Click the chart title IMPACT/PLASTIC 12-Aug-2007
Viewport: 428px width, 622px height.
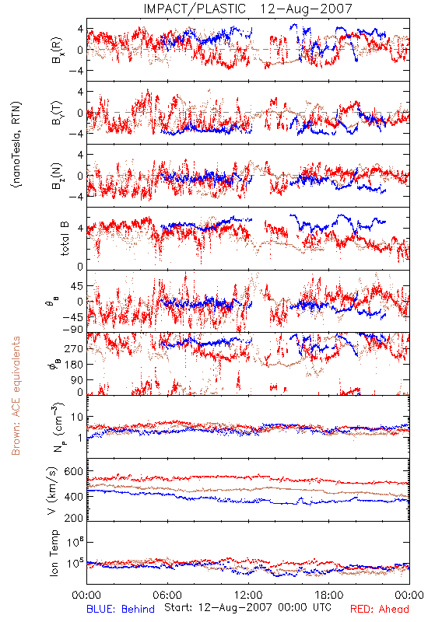pyautogui.click(x=247, y=9)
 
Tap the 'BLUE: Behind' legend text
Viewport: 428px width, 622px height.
pyautogui.click(x=121, y=609)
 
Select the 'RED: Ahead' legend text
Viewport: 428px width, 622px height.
pyautogui.click(x=379, y=609)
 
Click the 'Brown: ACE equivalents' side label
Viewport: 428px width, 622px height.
pyautogui.click(x=16, y=396)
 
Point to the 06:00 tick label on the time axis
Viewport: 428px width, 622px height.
pyautogui.click(x=167, y=595)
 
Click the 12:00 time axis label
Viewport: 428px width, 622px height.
pyautogui.click(x=248, y=595)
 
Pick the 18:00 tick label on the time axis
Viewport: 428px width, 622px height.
pyautogui.click(x=329, y=595)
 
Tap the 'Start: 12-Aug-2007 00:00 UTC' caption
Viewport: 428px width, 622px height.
pyautogui.click(x=247, y=607)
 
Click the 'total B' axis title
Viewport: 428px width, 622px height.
pyautogui.click(x=65, y=238)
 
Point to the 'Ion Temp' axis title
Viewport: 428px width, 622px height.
pyautogui.click(x=54, y=553)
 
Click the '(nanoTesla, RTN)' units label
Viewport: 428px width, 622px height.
pyautogui.click(x=16, y=145)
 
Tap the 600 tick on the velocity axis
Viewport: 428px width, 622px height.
pyautogui.click(x=74, y=471)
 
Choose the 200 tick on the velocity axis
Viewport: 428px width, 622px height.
pyautogui.click(x=74, y=517)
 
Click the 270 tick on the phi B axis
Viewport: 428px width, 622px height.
pyautogui.click(x=74, y=348)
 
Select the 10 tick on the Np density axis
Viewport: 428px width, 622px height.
pyautogui.click(x=77, y=417)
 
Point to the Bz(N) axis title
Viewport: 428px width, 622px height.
pyautogui.click(x=56, y=176)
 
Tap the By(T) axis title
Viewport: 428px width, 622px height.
pyautogui.click(x=56, y=113)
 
